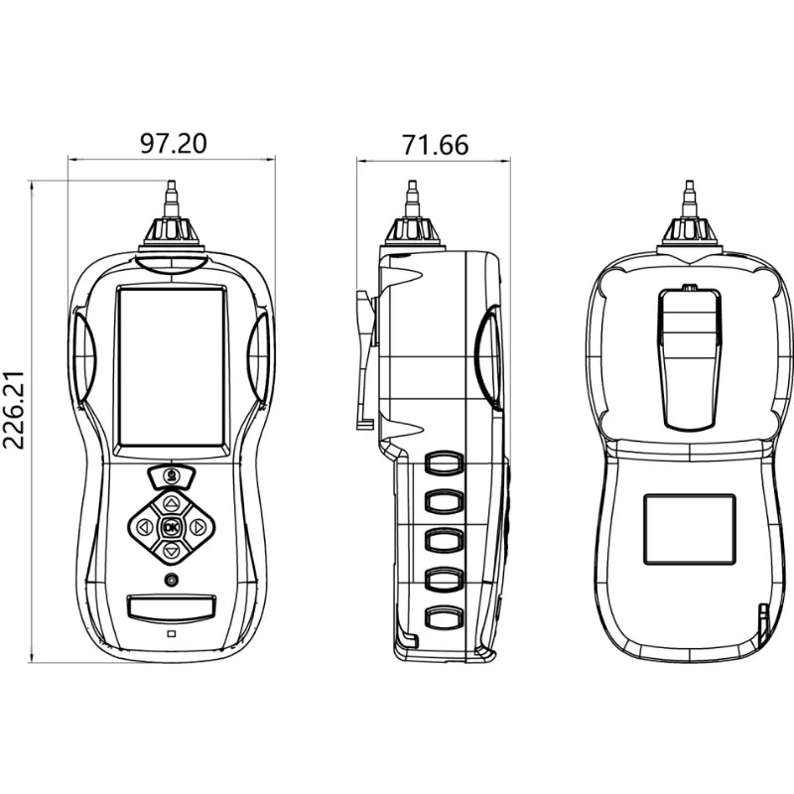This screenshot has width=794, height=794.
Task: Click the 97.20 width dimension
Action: [173, 143]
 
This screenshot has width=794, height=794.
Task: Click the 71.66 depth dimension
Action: [435, 145]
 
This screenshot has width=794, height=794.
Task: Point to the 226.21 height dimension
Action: [14, 410]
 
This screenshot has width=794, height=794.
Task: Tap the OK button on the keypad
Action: [172, 528]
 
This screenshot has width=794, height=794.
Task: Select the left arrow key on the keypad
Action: [146, 528]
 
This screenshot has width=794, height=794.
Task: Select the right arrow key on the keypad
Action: [198, 528]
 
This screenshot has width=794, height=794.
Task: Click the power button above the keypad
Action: [172, 476]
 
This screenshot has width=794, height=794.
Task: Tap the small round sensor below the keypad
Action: [172, 580]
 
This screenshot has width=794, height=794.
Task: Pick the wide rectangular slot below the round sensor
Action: [172, 607]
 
